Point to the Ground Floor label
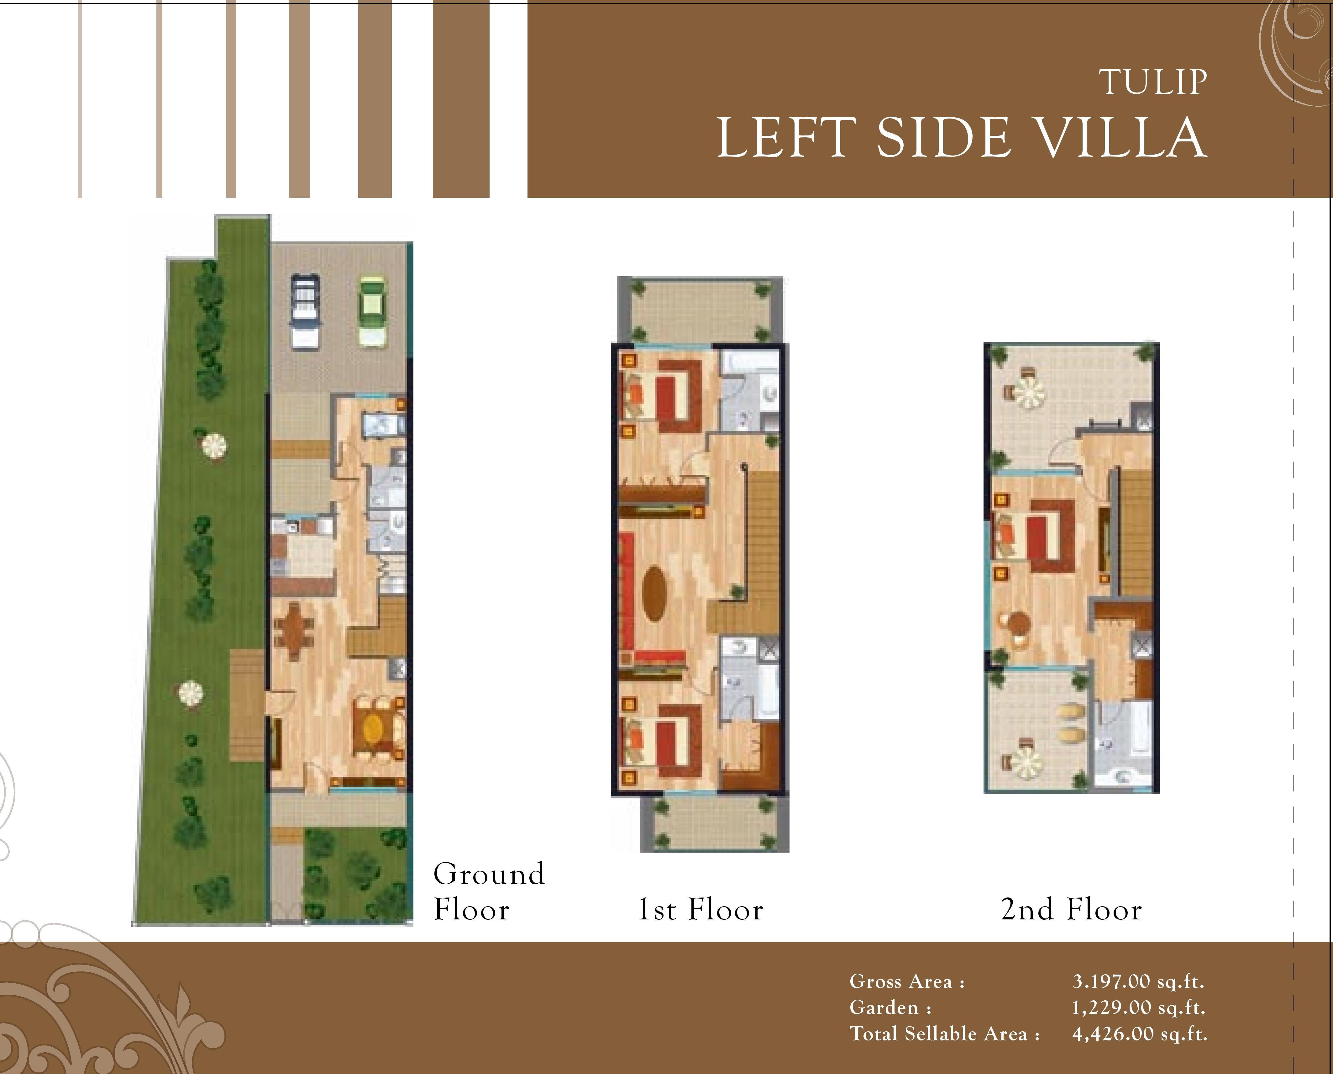tap(488, 891)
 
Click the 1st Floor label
tap(701, 909)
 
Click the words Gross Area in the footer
tap(900, 981)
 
